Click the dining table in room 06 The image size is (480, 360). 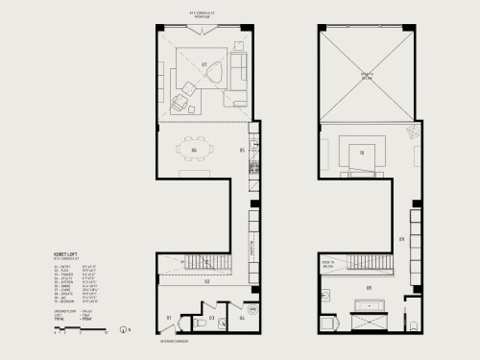[x=193, y=151]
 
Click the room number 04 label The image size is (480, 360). [x=242, y=316]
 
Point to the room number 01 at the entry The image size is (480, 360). [x=169, y=316]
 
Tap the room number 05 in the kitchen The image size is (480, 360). [x=243, y=151]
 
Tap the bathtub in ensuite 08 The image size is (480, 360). [x=369, y=309]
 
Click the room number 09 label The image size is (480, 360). [x=400, y=239]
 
